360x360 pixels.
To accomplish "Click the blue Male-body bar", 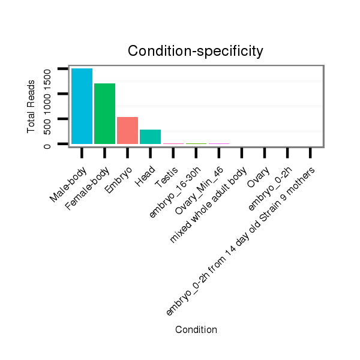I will point(82,106).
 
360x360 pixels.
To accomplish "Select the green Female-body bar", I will point(104,113).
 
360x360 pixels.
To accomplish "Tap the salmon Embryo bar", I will point(127,130).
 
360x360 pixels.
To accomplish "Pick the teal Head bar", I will point(150,137).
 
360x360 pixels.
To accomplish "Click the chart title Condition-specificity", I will point(196,52).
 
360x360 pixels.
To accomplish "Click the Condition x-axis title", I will point(196,329).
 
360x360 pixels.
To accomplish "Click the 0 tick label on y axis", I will point(47,144).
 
